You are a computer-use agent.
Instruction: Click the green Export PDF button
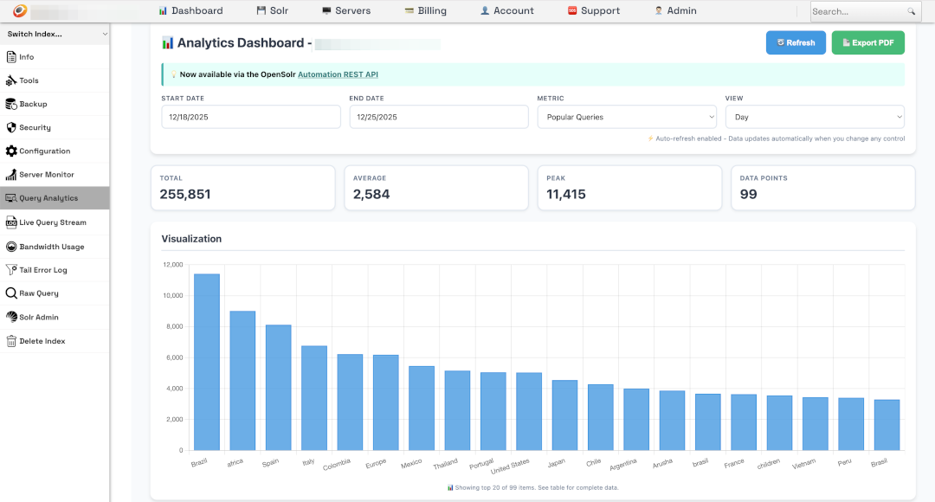pos(867,42)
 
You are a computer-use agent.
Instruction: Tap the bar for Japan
pos(564,415)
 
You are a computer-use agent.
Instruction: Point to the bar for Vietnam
pos(816,424)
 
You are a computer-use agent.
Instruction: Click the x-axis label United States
pos(511,467)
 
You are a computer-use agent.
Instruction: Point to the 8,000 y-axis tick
pos(172,326)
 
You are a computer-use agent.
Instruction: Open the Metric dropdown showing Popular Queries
pos(627,117)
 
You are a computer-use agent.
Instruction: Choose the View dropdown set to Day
pos(815,117)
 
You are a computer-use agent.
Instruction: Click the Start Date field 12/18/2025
pos(250,117)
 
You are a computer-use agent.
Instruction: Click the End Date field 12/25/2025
pos(438,117)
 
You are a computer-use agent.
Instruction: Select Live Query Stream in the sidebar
pos(53,222)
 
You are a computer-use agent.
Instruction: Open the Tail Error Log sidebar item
pos(43,270)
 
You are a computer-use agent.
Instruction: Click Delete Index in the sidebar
pos(42,341)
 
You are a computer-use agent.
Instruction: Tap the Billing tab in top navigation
pos(425,11)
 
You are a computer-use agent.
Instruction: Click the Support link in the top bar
pos(594,11)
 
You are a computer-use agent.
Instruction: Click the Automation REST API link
pos(338,74)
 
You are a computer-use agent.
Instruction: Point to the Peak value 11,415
pos(566,195)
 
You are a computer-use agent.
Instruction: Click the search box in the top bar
pos(857,11)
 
